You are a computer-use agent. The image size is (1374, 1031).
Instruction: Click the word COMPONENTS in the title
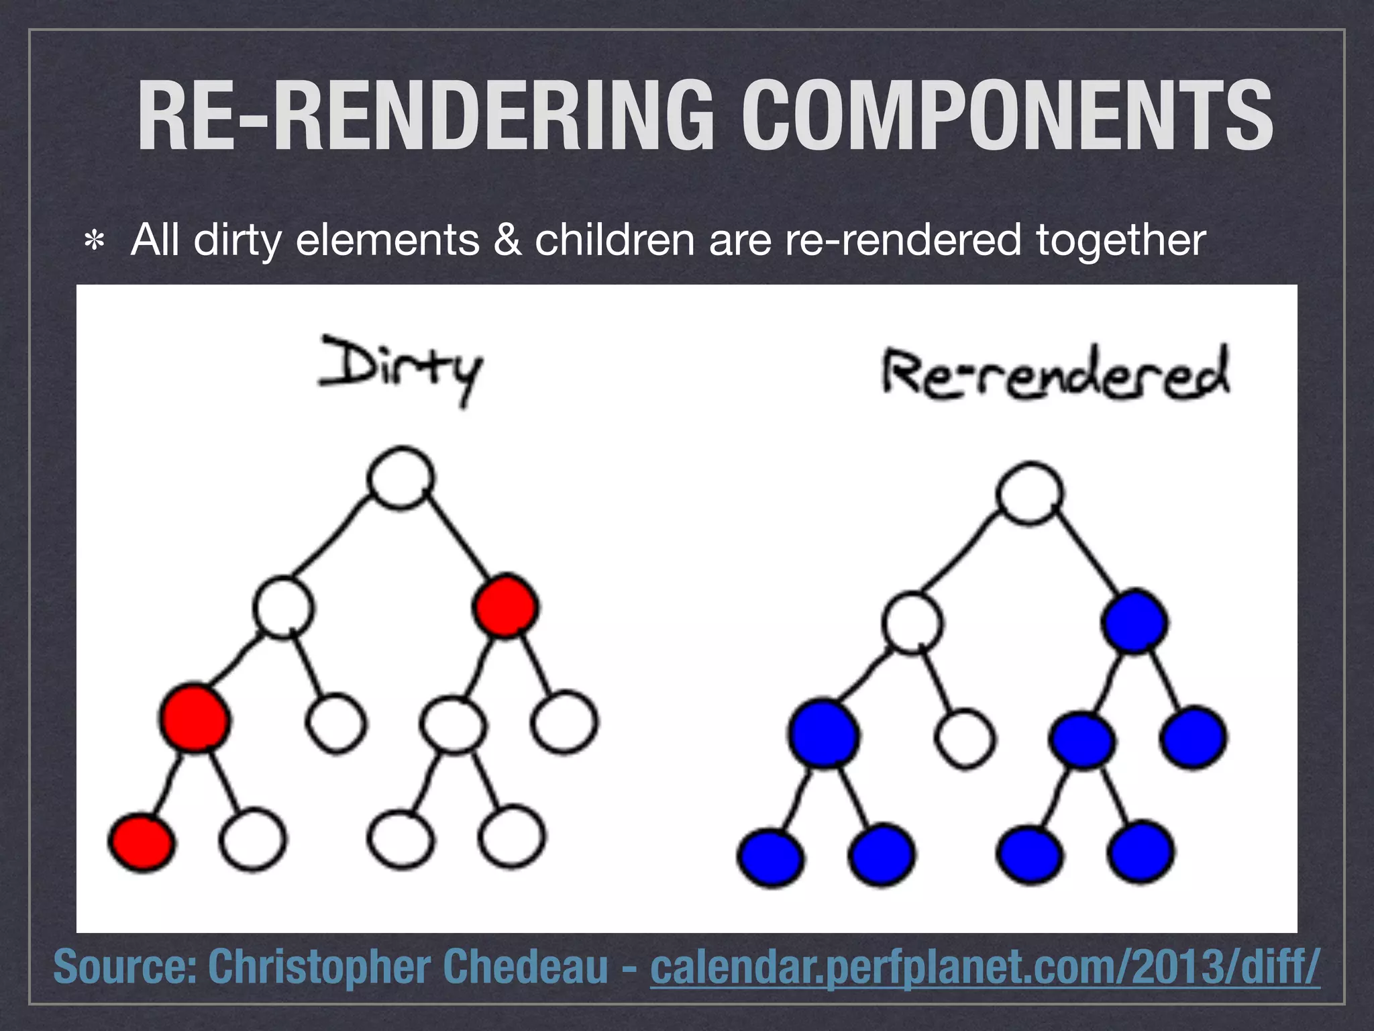click(x=1006, y=115)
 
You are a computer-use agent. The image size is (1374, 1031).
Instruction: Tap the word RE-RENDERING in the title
click(x=425, y=115)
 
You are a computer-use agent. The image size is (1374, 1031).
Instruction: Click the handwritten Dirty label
click(x=401, y=369)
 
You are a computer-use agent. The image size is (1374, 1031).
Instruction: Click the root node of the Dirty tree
click(x=401, y=477)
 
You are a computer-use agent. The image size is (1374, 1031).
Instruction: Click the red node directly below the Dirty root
click(x=505, y=606)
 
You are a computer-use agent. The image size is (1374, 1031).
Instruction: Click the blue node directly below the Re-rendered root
click(x=1134, y=622)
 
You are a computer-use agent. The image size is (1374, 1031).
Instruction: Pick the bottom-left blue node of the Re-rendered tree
click(x=770, y=858)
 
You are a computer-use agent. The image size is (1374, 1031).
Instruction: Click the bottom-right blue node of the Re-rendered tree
click(x=1140, y=852)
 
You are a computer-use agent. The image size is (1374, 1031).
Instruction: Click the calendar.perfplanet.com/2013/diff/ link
click(x=985, y=967)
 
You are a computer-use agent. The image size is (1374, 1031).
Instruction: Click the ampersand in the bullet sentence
click(x=507, y=240)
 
